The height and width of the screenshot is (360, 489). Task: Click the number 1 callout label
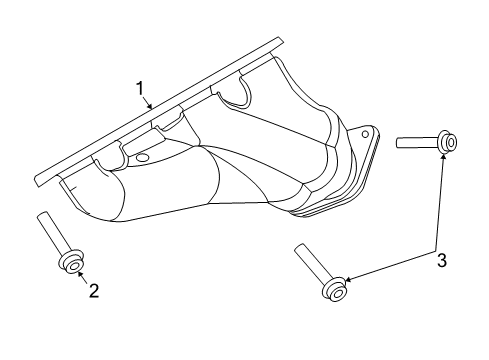(x=141, y=89)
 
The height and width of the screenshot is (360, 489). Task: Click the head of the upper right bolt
(x=449, y=143)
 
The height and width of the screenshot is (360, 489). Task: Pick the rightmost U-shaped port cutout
(x=231, y=94)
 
